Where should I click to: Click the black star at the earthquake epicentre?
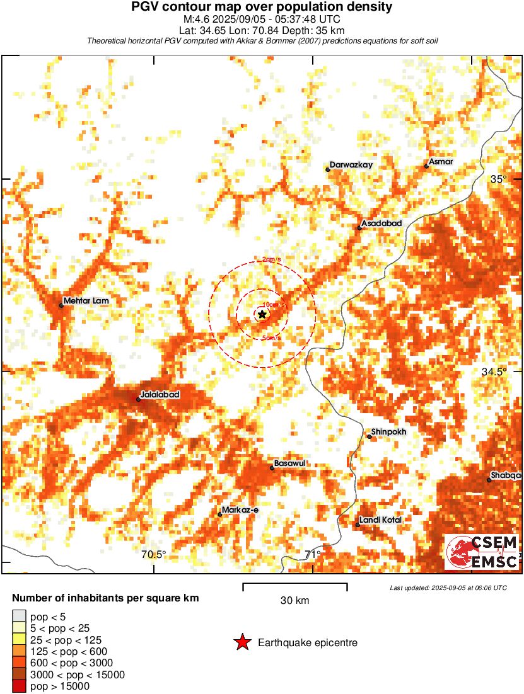click(262, 314)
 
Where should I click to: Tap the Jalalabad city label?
click(160, 395)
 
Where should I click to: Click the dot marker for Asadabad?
click(359, 227)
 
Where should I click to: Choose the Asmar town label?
click(441, 162)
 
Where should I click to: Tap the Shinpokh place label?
click(389, 432)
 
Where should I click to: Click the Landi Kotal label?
click(381, 520)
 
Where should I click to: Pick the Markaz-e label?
click(241, 510)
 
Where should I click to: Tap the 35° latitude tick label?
click(499, 179)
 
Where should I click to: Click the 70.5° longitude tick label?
click(154, 555)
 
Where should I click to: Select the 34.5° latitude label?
click(494, 372)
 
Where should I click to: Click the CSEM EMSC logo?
click(482, 552)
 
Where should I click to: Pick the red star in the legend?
click(242, 643)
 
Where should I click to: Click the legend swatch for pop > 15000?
click(20, 686)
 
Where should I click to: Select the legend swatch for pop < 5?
click(20, 617)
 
